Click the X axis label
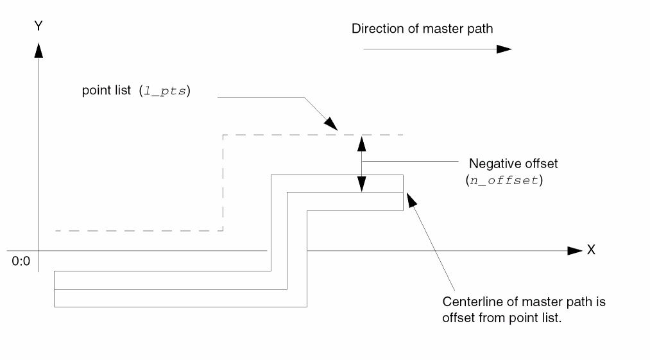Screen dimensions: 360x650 pyautogui.click(x=591, y=250)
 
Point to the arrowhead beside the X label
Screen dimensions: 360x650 pyautogui.click(x=574, y=250)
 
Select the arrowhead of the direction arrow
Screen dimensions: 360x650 pyautogui.click(x=504, y=49)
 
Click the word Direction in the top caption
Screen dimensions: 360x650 pyautogui.click(x=373, y=29)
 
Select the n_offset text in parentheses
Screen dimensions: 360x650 pyautogui.click(x=504, y=180)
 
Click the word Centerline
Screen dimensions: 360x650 pyautogui.click(x=470, y=301)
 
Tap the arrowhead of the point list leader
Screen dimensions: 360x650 pyautogui.click(x=331, y=124)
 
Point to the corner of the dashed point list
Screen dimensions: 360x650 pyautogui.click(x=223, y=135)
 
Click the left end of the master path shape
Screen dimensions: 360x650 pyautogui.click(x=55, y=290)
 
